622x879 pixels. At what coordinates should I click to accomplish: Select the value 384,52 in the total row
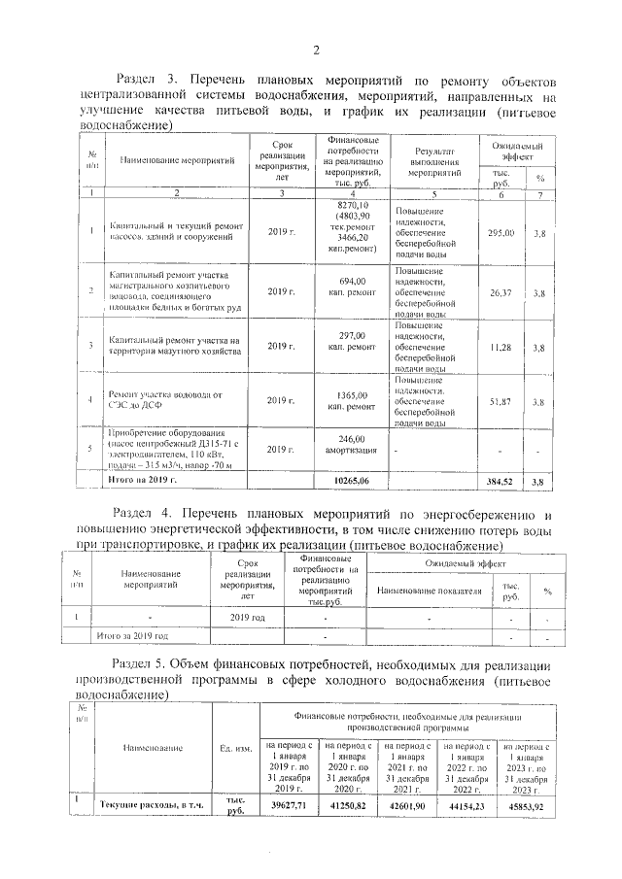click(503, 481)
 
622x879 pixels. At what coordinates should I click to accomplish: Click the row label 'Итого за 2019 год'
click(135, 636)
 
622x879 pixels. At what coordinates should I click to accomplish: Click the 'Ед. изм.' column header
click(237, 748)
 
